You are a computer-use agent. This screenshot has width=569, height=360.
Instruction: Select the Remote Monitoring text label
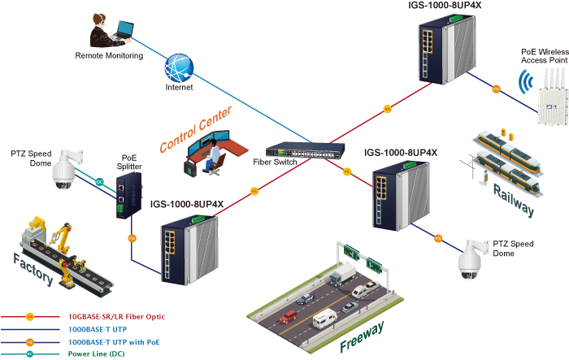pos(109,56)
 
